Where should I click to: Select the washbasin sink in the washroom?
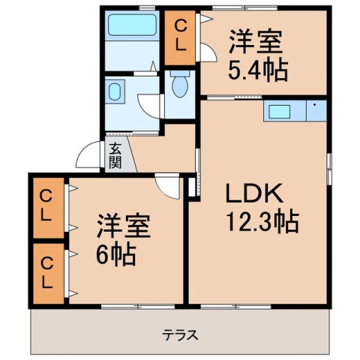coord(115,92)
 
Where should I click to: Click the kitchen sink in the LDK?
coord(280,111)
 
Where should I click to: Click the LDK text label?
coord(255,193)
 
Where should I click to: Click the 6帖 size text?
coord(115,256)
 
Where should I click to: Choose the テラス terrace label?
coord(181,334)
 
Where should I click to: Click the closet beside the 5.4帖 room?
coord(180,36)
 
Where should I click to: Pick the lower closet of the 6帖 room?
coord(46,271)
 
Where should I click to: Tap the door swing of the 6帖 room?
coord(166,185)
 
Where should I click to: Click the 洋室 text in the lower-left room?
coord(124,227)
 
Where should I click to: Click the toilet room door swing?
coord(154,105)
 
